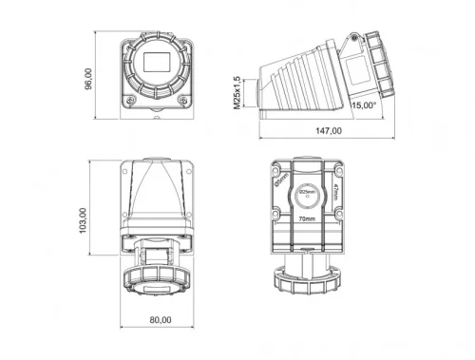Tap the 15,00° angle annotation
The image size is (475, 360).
pos(364,106)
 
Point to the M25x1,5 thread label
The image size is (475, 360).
pos(237,92)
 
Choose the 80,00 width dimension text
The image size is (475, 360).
pos(160,319)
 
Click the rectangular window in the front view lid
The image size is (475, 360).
pos(159,65)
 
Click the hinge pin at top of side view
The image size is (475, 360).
pos(352,39)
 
